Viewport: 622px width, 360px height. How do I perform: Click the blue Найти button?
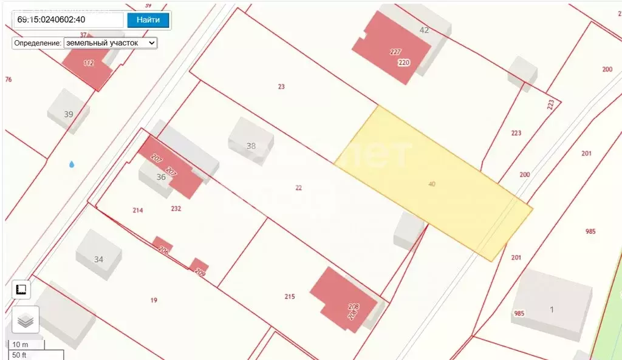click(148, 19)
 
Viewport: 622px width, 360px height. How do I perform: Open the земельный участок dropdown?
click(110, 43)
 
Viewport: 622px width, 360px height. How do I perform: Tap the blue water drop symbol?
click(72, 164)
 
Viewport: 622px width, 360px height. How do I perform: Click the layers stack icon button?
click(25, 319)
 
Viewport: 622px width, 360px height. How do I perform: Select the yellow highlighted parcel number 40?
click(431, 183)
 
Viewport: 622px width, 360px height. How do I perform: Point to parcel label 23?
click(281, 87)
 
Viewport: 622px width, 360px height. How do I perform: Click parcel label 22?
click(298, 188)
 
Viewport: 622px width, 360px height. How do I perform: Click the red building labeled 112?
click(89, 64)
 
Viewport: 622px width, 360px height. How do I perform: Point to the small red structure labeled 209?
click(199, 267)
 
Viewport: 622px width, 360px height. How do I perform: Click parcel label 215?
click(289, 296)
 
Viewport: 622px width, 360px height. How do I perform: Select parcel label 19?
click(154, 300)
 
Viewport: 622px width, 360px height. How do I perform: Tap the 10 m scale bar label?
click(21, 345)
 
